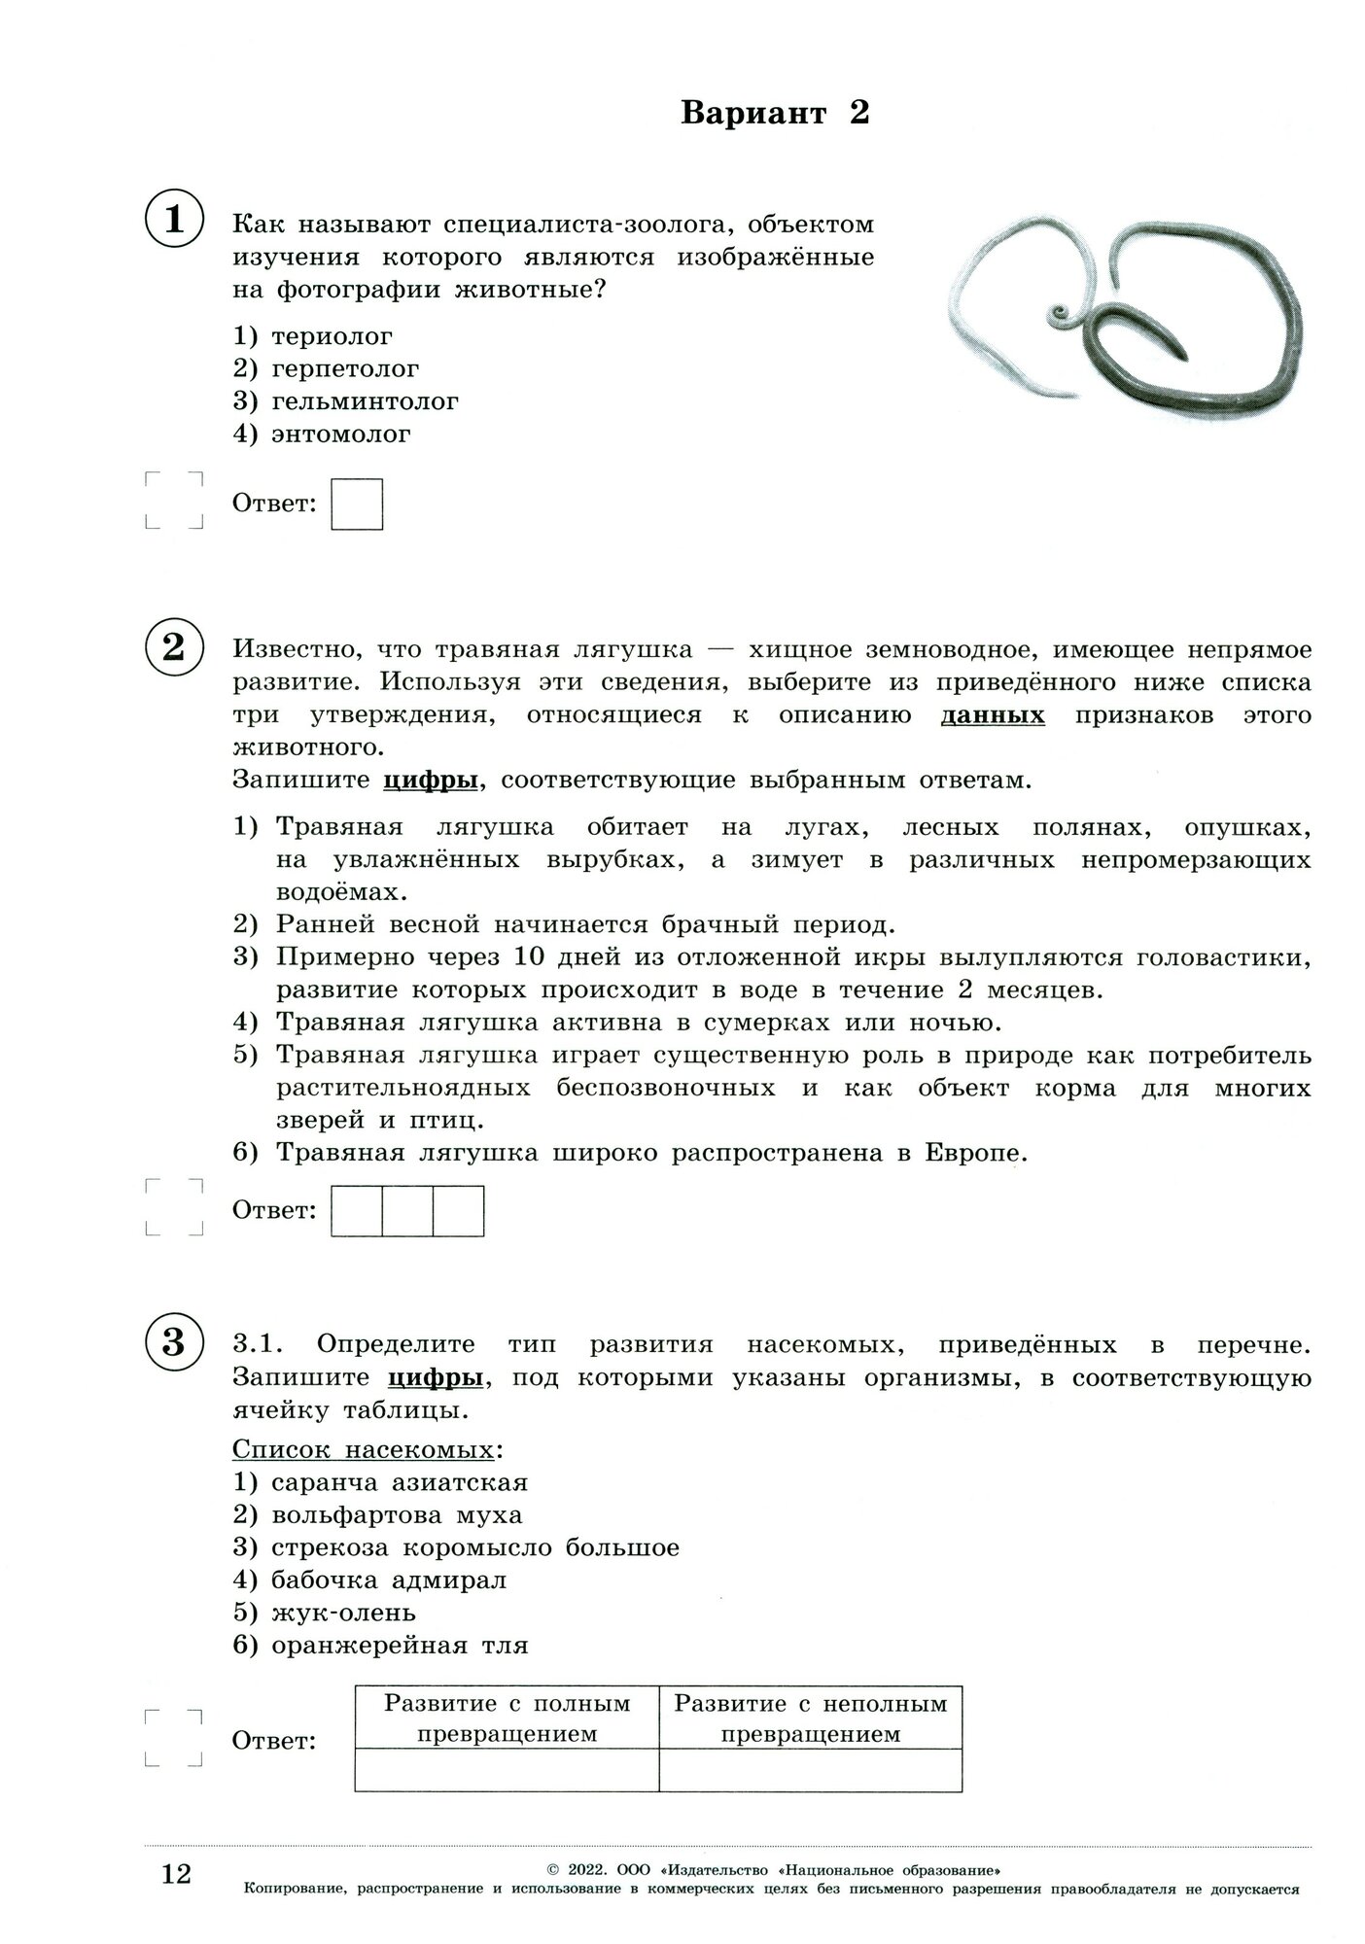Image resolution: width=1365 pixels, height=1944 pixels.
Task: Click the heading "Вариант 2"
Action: tap(775, 114)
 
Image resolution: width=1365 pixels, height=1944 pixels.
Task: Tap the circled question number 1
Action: tap(174, 221)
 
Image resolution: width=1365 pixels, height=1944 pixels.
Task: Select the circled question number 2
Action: tap(174, 647)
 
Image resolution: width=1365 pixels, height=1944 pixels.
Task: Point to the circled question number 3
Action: tap(174, 1342)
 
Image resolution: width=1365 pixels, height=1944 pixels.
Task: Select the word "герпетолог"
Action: tap(345, 369)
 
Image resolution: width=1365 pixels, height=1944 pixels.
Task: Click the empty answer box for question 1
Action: tap(357, 503)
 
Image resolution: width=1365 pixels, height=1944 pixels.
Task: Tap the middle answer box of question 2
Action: tap(407, 1210)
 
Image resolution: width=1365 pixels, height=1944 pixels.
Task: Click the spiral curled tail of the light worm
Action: tap(1059, 314)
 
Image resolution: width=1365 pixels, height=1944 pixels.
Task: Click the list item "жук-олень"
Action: tap(343, 1613)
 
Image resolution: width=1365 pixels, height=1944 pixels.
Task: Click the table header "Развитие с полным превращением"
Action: tap(507, 1718)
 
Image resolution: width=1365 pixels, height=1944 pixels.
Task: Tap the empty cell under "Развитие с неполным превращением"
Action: tap(810, 1770)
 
